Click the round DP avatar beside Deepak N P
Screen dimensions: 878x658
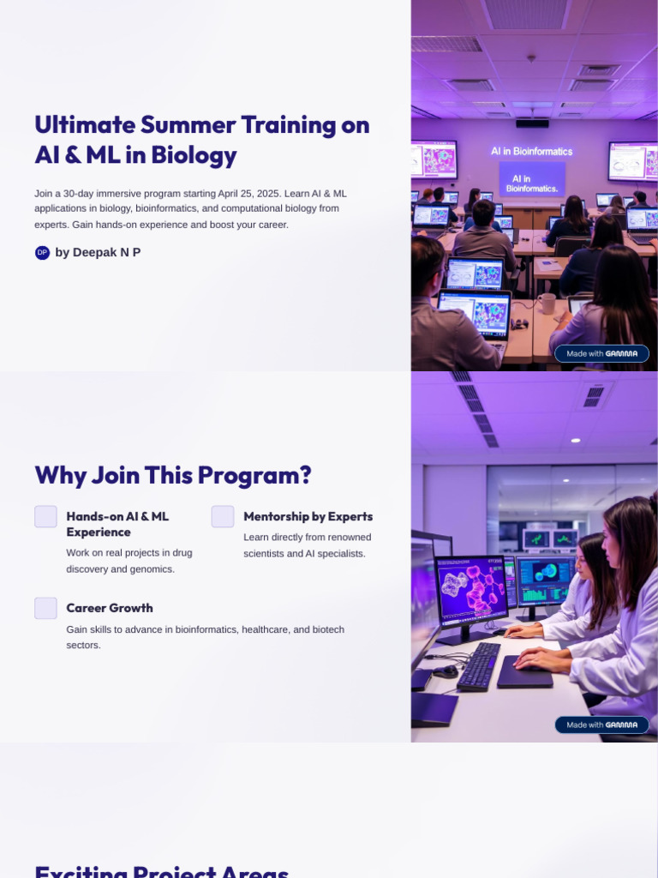42,252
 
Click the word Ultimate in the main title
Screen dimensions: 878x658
85,125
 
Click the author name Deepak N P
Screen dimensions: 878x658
98,252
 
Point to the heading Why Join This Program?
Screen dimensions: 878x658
172,475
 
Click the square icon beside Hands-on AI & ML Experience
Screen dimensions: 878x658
45,516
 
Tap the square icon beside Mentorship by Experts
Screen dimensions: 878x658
223,516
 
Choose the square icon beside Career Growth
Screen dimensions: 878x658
45,608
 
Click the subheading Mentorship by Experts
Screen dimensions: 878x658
308,516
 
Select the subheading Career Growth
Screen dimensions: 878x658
110,608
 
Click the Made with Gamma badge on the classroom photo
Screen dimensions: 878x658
601,353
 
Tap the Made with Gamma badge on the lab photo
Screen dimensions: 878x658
601,725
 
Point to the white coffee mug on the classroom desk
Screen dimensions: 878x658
547,303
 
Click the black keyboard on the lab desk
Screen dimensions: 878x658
478,666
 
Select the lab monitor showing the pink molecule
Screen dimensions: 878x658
471,590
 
